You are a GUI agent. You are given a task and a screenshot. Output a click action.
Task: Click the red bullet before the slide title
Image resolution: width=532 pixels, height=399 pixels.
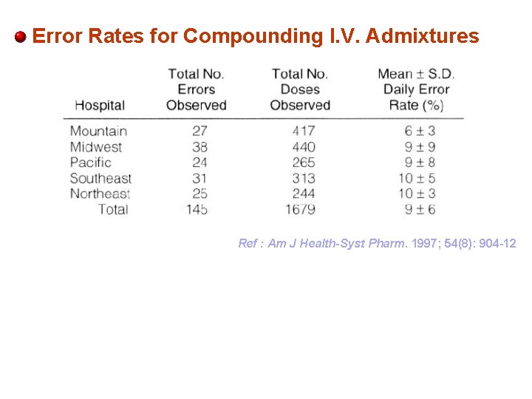(21, 36)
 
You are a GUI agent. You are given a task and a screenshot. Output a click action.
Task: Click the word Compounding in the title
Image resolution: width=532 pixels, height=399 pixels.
(246, 35)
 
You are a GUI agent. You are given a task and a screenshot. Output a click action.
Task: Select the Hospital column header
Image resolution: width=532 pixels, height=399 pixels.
(100, 106)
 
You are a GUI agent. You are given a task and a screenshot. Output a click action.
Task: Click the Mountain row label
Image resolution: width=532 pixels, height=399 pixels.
(98, 131)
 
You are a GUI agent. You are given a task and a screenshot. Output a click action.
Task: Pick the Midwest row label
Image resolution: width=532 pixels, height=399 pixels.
(96, 146)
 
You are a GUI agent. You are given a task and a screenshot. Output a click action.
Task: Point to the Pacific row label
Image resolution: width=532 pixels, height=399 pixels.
(91, 162)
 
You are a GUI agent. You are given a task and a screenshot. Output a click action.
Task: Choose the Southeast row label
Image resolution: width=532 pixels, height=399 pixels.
(100, 178)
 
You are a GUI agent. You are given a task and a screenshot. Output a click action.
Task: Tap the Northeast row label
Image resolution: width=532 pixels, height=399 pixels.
(100, 194)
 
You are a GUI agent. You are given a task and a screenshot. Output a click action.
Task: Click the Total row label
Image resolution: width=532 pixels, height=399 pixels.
(113, 209)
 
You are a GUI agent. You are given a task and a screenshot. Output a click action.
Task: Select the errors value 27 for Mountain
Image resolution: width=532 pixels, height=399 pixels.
(199, 131)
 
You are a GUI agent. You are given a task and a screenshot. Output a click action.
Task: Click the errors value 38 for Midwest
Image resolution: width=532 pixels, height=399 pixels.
(199, 146)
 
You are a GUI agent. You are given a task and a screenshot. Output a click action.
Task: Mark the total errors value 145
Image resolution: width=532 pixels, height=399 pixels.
(197, 209)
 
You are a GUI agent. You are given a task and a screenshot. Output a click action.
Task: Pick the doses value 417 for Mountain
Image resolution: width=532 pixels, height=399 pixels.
(303, 131)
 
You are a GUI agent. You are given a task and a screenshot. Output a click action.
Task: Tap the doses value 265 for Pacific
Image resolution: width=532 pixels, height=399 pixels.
(303, 162)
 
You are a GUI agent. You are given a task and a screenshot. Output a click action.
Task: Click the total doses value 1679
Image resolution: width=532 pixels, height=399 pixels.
(300, 209)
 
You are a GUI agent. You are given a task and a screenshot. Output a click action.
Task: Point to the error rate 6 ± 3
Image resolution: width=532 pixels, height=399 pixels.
(420, 131)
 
